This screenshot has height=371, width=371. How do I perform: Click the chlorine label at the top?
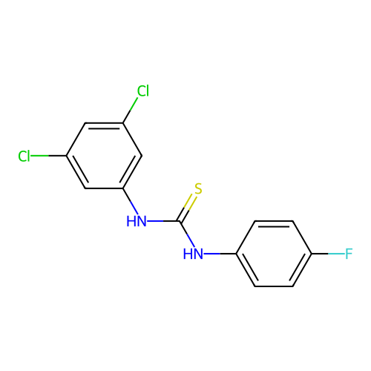click(x=143, y=91)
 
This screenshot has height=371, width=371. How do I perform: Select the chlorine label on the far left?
click(x=24, y=156)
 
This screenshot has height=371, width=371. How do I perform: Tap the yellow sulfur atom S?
click(x=198, y=188)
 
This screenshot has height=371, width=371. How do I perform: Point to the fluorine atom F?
click(x=349, y=254)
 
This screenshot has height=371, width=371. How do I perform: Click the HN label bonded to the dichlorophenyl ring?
click(x=137, y=221)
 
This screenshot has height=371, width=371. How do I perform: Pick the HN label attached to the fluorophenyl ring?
click(x=193, y=254)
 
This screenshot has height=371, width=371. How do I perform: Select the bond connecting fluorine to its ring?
click(x=328, y=254)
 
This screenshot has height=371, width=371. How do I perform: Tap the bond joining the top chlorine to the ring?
click(x=131, y=110)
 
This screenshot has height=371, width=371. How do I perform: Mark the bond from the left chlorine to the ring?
click(x=48, y=156)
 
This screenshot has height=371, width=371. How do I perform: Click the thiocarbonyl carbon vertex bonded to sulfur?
click(x=180, y=221)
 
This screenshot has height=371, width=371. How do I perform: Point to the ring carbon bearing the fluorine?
click(x=312, y=254)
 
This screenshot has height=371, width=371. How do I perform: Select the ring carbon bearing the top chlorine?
click(x=123, y=123)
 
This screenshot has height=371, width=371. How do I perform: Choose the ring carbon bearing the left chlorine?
click(x=67, y=156)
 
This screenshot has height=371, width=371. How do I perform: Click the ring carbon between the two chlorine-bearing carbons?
click(x=85, y=123)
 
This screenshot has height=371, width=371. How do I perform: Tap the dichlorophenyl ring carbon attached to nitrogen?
click(x=123, y=188)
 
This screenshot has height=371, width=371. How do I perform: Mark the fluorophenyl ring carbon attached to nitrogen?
click(x=236, y=254)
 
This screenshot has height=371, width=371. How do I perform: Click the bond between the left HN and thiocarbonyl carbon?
click(x=163, y=221)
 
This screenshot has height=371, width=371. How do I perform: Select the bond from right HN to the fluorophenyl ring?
click(x=220, y=254)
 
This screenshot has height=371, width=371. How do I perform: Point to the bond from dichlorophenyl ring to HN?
click(x=131, y=201)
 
